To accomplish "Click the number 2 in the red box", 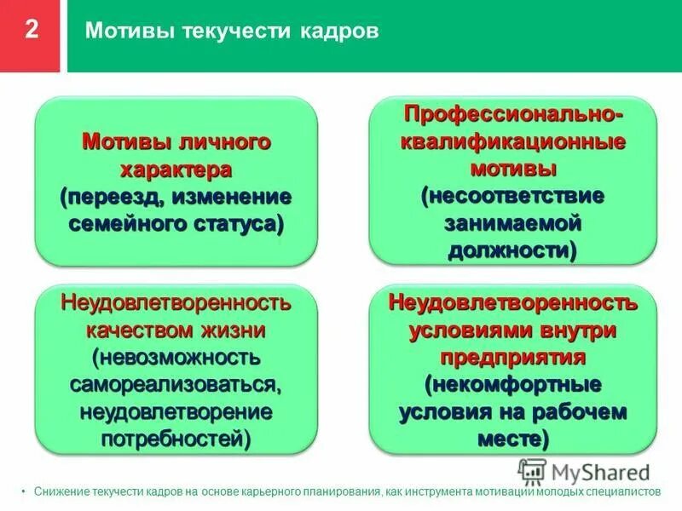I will click(31, 30).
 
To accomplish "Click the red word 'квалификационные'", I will click(513, 141).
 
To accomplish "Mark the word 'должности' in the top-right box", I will click(509, 251).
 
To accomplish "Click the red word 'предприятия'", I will click(512, 355).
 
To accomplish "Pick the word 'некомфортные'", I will click(513, 383).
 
